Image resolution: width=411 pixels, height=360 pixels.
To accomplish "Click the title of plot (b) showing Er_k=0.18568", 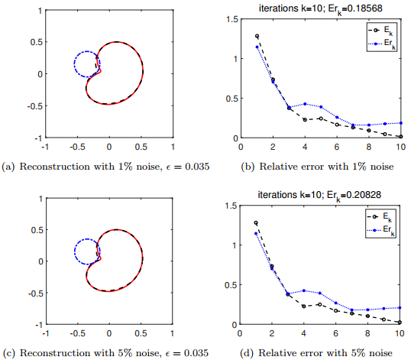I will [x=319, y=6].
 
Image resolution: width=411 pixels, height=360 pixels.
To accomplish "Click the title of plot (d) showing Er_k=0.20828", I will [x=319, y=193].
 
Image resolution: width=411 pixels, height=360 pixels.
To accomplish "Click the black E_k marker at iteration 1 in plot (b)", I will [x=257, y=36].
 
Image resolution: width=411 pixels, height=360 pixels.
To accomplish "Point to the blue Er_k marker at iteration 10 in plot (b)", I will [x=400, y=122].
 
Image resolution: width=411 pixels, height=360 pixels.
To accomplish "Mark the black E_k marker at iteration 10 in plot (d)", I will [x=400, y=323].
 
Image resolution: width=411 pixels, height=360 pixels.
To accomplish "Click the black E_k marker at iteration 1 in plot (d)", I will [x=257, y=222].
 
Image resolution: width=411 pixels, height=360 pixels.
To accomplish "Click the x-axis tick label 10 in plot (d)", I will [x=400, y=332].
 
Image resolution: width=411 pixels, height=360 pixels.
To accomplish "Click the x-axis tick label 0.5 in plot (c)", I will [x=141, y=333].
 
